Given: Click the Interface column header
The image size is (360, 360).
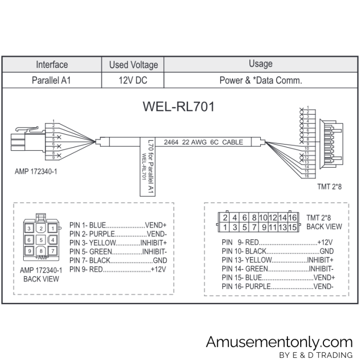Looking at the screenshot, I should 51,65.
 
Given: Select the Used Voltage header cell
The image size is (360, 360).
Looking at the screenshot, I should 134,65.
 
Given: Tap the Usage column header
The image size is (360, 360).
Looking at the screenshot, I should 260,64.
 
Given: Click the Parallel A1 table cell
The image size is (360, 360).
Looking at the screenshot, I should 51,80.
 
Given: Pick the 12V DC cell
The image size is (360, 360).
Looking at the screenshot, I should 134,80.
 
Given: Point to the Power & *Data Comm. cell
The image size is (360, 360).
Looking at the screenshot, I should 260,80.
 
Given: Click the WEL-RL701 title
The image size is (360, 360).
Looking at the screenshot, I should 177,107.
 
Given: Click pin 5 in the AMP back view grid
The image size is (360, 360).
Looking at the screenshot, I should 41,240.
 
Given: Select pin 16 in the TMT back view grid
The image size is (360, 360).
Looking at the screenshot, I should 292,218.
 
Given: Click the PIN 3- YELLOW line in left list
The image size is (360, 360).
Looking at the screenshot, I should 118,242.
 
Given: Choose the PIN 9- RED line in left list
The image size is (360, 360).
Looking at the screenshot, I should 118,269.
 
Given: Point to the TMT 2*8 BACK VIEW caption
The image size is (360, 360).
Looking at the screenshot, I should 324,222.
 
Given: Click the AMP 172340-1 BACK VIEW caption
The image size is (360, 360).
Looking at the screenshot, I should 41,274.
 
